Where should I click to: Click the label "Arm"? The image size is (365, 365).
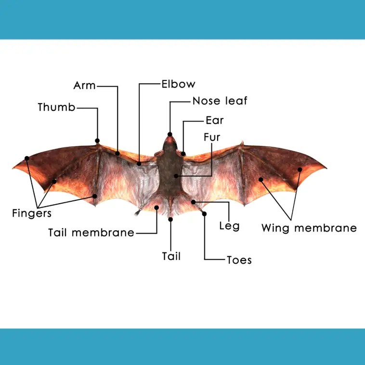coord(84,86)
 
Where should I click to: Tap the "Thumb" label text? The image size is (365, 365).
coord(57,107)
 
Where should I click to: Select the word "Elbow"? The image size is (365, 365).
coord(178,84)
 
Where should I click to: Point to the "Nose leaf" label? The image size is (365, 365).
coord(220,101)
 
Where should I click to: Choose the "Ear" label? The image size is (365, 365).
coord(214,120)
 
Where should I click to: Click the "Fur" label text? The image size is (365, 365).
coord(212,137)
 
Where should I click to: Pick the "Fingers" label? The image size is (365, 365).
coord(32,212)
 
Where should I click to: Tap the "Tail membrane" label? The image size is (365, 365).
coord(91,233)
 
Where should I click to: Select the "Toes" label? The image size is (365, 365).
coord(239,260)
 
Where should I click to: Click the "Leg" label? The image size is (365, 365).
coord(229,225)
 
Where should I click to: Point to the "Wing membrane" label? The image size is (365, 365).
coord(309,228)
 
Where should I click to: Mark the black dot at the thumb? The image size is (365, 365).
coord(97,141)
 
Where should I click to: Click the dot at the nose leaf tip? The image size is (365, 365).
coord(170,134)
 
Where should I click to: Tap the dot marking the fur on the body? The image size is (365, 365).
coord(177,176)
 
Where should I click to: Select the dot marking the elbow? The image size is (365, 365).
coord(139,164)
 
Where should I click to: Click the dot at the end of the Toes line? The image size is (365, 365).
coord(204,213)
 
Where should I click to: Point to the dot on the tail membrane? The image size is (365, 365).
coord(156,208)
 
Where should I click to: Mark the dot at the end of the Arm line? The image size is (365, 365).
coord(117,154)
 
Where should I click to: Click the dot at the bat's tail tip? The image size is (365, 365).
coord(170,219)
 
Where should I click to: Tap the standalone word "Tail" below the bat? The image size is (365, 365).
coord(171,256)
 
